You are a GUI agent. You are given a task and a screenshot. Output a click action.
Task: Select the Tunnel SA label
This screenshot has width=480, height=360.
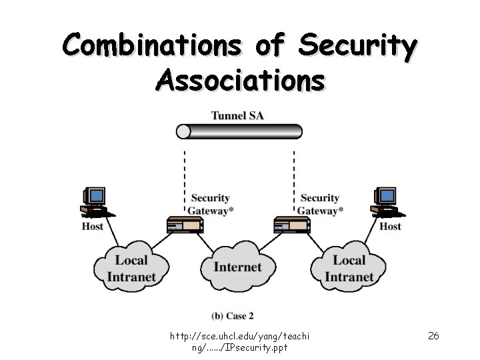(x=237, y=115)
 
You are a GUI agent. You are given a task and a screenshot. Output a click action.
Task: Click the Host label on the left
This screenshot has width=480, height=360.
(x=93, y=227)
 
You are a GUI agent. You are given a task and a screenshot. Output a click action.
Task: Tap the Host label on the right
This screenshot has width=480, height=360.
(x=390, y=227)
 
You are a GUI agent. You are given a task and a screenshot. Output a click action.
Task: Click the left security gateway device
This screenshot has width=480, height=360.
(x=185, y=226)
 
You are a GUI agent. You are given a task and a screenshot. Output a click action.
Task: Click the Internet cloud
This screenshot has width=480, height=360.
(x=238, y=267)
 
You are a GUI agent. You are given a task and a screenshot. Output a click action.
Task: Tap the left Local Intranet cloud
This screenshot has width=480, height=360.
(x=131, y=268)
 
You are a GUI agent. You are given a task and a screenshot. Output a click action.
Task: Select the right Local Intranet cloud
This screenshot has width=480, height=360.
(x=349, y=268)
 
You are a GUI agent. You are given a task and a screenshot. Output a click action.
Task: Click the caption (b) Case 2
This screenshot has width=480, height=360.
(x=233, y=315)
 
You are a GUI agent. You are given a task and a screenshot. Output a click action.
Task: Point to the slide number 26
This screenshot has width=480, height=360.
(x=433, y=335)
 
